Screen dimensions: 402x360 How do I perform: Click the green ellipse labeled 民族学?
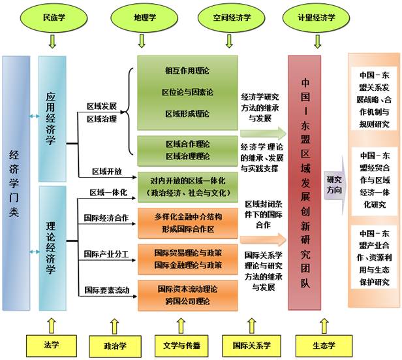pos(54,18)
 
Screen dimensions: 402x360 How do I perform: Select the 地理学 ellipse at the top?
pos(144,18)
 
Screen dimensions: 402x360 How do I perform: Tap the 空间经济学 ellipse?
pos(231,18)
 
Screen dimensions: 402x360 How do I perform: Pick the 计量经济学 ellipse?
pos(316,18)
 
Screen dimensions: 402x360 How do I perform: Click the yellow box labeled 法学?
pos(52,346)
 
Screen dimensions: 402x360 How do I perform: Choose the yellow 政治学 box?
pos(115,346)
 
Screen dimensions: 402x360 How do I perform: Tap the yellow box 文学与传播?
pos(181,346)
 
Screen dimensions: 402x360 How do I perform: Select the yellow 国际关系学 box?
pos(251,346)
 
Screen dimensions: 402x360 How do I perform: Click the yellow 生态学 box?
pos(324,346)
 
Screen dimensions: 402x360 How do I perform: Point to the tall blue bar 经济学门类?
pos(16,183)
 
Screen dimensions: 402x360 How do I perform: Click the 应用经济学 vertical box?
pos(52,119)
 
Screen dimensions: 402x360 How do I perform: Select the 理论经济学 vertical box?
pos(52,248)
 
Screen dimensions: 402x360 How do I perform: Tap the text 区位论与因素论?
pos(187,92)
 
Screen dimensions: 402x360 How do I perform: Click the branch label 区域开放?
pos(107,171)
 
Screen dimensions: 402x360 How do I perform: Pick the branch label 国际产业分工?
pos(106,254)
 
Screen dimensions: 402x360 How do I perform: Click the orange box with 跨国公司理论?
pos(188,295)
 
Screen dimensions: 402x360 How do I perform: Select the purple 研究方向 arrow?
pos(335,185)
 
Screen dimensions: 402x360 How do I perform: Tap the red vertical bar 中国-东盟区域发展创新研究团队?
pos(305,183)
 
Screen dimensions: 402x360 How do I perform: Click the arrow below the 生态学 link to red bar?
pos(324,325)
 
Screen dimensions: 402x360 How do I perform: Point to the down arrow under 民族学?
pos(52,42)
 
